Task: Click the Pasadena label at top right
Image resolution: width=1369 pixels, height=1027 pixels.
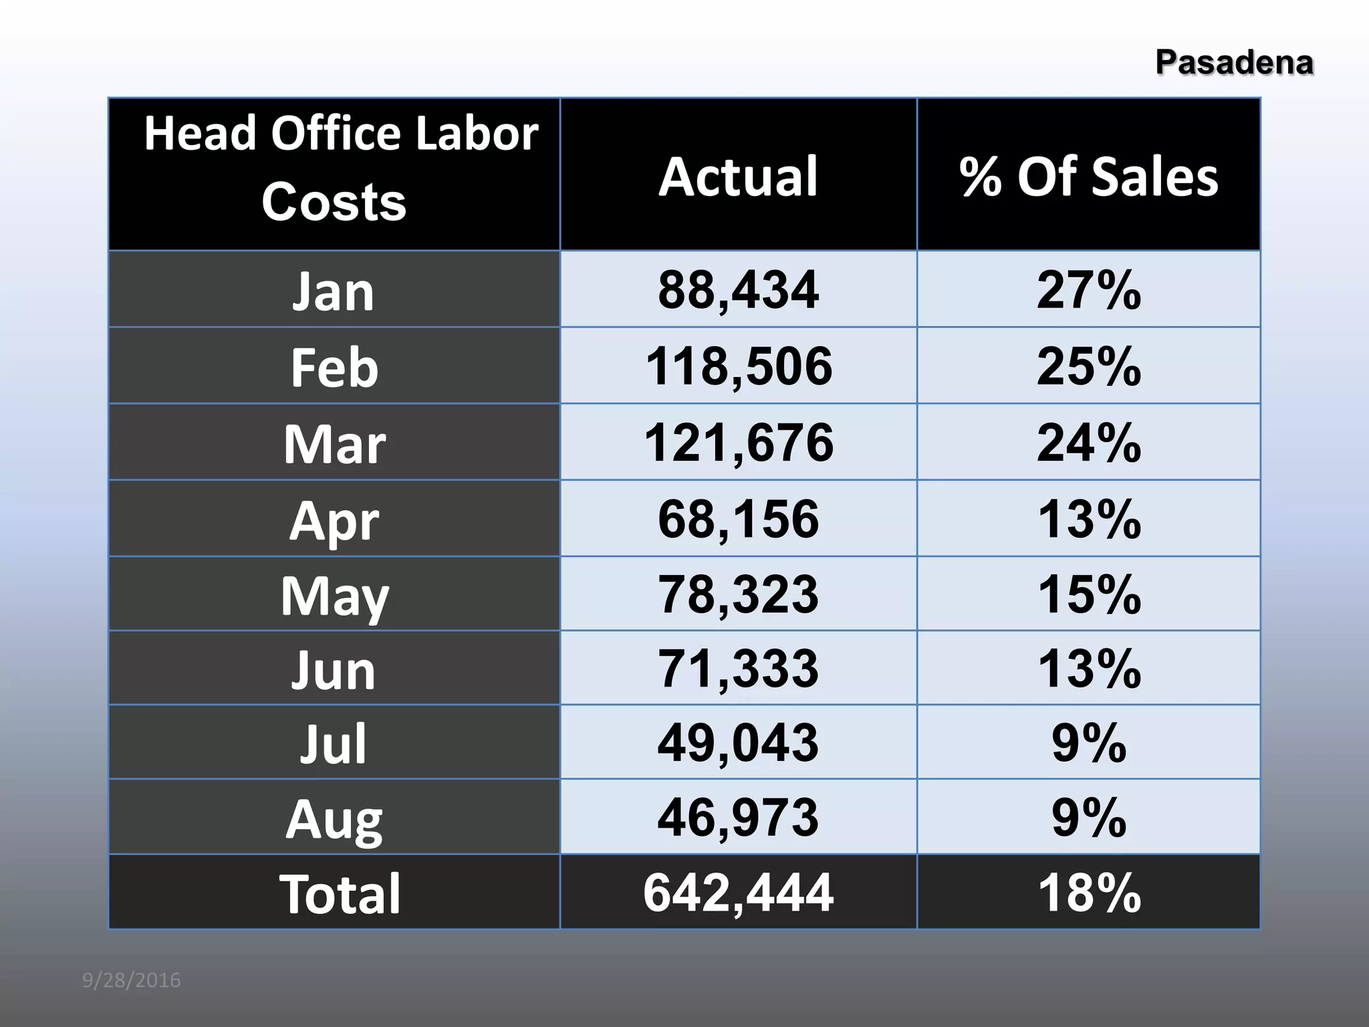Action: pos(1234,62)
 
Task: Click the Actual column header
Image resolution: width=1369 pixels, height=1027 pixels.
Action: pos(738,177)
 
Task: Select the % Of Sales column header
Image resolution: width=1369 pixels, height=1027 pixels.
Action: pos(1088,177)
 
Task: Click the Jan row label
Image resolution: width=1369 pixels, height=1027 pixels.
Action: pos(333,292)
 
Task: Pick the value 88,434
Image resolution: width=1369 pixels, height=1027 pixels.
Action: pos(738,290)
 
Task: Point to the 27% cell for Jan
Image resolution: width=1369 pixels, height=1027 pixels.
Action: pos(1088,290)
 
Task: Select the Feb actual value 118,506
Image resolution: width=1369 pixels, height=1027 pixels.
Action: pos(738,366)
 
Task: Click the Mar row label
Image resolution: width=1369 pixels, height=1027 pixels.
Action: pos(334,444)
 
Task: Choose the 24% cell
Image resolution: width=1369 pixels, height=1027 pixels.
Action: pos(1088,443)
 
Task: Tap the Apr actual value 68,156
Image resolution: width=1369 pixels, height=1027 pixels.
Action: pos(738,519)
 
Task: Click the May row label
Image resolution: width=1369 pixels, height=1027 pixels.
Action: pos(334,595)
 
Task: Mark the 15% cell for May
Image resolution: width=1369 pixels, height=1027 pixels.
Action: pos(1088,594)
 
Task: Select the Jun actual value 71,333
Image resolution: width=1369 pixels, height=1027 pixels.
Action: pos(738,668)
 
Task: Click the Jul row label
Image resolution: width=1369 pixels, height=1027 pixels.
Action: pos(333,744)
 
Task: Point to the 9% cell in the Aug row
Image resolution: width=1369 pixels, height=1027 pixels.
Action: pos(1088,817)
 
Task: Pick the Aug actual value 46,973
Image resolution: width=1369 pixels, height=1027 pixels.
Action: pos(738,817)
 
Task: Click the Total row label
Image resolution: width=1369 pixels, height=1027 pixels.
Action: pos(340,893)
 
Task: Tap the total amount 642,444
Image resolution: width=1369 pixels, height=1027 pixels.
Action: pos(738,893)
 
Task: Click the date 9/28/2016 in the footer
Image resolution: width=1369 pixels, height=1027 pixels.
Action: pos(131,980)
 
